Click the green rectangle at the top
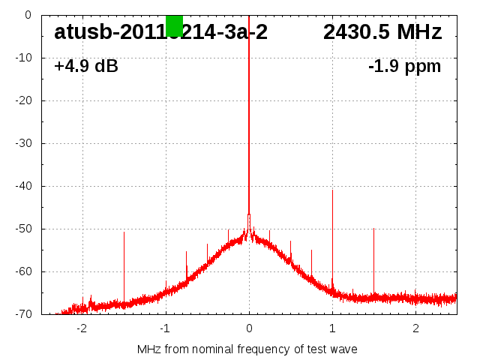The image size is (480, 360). coord(174,25)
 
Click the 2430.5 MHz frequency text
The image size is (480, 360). coord(382,32)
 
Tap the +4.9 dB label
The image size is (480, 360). coord(86,66)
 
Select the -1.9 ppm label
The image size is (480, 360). coord(404,66)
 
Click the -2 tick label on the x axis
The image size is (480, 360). coord(82,328)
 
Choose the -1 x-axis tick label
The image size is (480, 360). coord(165,328)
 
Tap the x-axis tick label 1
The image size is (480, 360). coord(332,328)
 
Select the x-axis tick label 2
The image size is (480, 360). coord(415,328)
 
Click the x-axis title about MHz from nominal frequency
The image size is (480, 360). coord(247,349)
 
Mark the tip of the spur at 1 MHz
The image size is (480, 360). coord(332,190)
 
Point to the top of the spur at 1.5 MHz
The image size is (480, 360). coord(373,229)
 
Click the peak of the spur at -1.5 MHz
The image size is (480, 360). coord(124,232)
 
